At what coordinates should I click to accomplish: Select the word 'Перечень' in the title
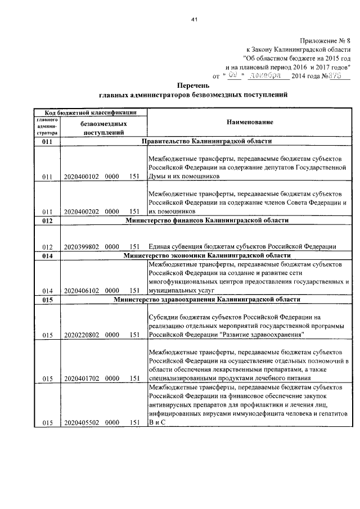coord(193,85)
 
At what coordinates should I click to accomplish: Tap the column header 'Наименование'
coord(250,122)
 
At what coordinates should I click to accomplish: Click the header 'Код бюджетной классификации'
coord(89,112)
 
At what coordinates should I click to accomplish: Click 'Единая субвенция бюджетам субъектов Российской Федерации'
coord(242,246)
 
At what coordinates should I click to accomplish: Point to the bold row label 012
coord(47,220)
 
